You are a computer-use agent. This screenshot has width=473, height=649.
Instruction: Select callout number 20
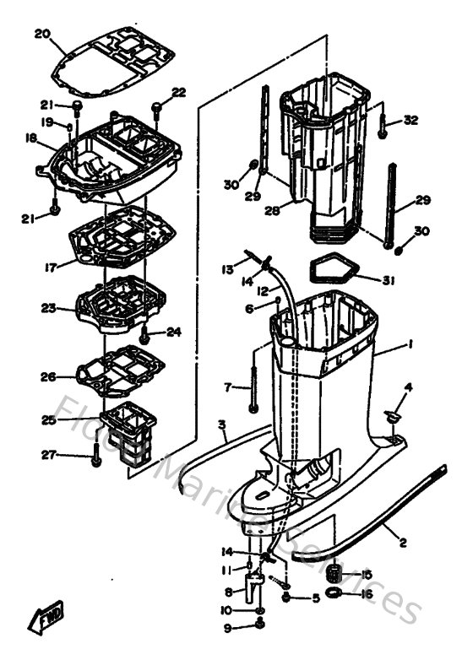[x=42, y=34]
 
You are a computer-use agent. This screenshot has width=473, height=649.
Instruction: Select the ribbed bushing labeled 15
[x=340, y=574]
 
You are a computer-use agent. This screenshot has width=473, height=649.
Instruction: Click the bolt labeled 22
[x=157, y=107]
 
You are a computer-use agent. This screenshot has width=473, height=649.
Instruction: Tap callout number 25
[x=49, y=419]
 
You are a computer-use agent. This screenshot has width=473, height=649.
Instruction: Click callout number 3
[x=221, y=424]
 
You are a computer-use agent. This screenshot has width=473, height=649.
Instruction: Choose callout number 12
[x=263, y=290]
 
